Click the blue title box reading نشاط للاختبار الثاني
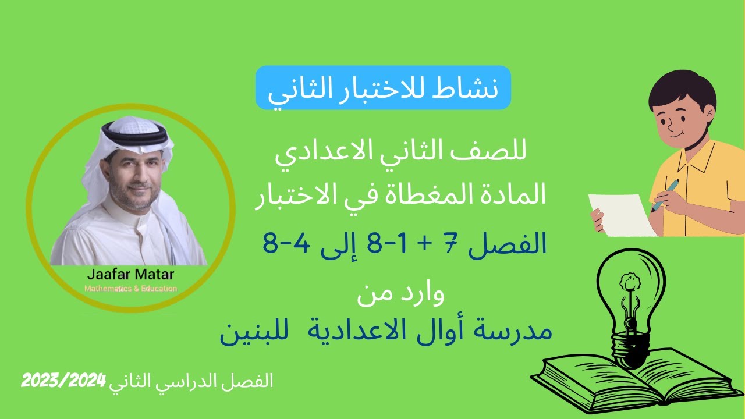coord(383,88)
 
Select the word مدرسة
coord(515,331)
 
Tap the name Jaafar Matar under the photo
coord(130,274)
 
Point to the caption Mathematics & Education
coord(130,289)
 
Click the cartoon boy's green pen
coord(666,193)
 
